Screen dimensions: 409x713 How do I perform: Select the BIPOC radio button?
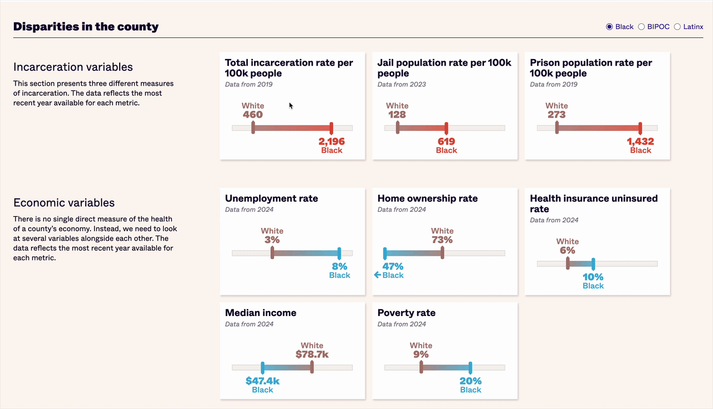pyautogui.click(x=642, y=27)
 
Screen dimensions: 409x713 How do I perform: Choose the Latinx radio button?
pyautogui.click(x=677, y=27)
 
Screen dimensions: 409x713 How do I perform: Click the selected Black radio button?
pyautogui.click(x=609, y=27)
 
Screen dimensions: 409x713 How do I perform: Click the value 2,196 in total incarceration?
pyautogui.click(x=331, y=142)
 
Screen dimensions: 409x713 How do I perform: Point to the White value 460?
pyautogui.click(x=253, y=115)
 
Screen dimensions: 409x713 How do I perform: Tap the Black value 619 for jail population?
pyautogui.click(x=446, y=142)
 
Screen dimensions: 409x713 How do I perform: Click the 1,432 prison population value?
pyautogui.click(x=640, y=142)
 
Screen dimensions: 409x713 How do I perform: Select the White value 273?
pyautogui.click(x=556, y=115)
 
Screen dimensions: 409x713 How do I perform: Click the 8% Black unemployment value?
pyautogui.click(x=339, y=266)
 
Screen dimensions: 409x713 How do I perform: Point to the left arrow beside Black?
pyautogui.click(x=377, y=275)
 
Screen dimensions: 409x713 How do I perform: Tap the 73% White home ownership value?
pyautogui.click(x=442, y=240)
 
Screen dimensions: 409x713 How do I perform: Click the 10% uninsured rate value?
pyautogui.click(x=593, y=277)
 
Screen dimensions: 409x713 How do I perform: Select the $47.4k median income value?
pyautogui.click(x=262, y=381)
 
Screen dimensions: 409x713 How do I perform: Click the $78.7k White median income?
pyautogui.click(x=312, y=354)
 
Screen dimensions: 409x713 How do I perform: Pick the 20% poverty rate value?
pyautogui.click(x=470, y=381)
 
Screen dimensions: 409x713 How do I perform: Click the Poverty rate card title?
pyautogui.click(x=406, y=313)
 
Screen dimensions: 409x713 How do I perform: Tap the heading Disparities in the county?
pyautogui.click(x=86, y=26)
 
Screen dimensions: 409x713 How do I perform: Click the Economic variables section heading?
pyautogui.click(x=64, y=203)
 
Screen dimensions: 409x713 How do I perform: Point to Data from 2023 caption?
pyautogui.click(x=402, y=85)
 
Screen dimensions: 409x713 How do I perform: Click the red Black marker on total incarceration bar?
pyautogui.click(x=331, y=128)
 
